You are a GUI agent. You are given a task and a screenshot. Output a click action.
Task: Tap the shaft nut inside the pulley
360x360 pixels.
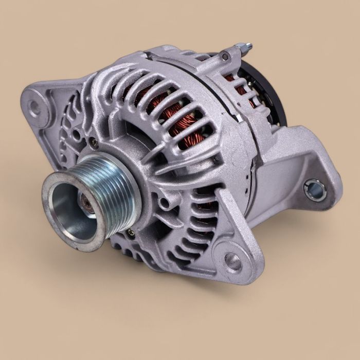(88, 204)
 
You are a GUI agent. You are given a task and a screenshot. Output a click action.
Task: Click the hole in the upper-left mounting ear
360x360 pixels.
(34, 107)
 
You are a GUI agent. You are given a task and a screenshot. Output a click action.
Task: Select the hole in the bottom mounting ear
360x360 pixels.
(233, 262)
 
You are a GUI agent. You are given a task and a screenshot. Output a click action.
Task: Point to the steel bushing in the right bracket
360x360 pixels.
(315, 190)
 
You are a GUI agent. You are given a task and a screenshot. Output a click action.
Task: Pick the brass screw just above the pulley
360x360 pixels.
(95, 145)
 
